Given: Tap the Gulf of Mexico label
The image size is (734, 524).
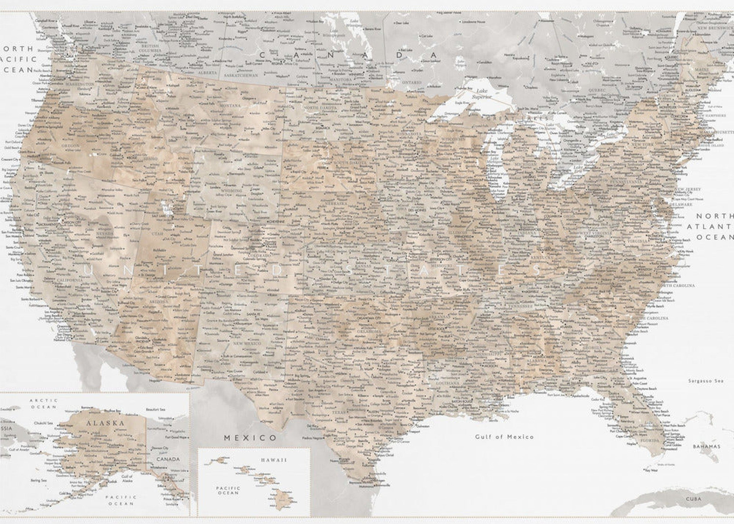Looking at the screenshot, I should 504,437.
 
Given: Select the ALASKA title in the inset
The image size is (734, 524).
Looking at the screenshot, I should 105,423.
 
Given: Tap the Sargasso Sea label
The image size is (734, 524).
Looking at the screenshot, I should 706,381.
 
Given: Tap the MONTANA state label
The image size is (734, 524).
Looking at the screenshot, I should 230,106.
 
